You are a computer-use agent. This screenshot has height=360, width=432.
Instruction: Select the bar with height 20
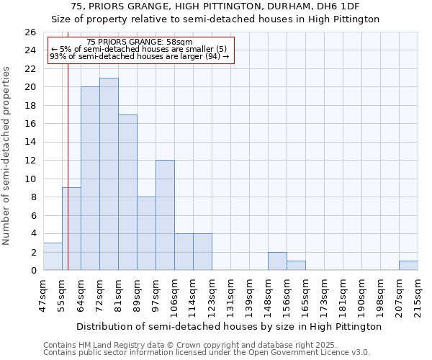pyautogui.click(x=90, y=179)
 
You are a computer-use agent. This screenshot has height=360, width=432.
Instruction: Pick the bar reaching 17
pyautogui.click(x=127, y=192)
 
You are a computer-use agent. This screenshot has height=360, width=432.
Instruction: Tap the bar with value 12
pyautogui.click(x=165, y=215)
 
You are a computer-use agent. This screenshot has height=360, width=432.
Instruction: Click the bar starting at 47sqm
pyautogui.click(x=53, y=256)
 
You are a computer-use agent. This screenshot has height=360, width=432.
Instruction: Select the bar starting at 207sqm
pyautogui.click(x=408, y=266)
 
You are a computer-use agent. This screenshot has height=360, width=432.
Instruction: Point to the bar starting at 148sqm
pyautogui.click(x=277, y=261)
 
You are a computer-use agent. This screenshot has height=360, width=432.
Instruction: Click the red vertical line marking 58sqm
pyautogui.click(x=68, y=166)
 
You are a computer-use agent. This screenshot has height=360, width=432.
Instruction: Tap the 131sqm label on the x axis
pyautogui.click(x=230, y=295)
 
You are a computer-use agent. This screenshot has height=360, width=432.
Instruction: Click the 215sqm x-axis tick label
pyautogui.click(x=418, y=295)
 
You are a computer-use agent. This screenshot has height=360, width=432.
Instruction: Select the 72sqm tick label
pyautogui.click(x=99, y=295)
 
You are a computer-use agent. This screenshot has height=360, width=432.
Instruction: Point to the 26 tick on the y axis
pyautogui.click(x=30, y=32)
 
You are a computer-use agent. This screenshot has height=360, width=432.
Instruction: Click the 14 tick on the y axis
pyautogui.click(x=30, y=142)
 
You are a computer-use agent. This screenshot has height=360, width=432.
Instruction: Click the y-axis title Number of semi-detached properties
pyautogui.click(x=7, y=156)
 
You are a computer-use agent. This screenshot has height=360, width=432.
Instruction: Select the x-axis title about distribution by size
pyautogui.click(x=228, y=327)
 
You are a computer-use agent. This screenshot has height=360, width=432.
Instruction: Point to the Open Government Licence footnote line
pyautogui.click(x=207, y=353)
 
